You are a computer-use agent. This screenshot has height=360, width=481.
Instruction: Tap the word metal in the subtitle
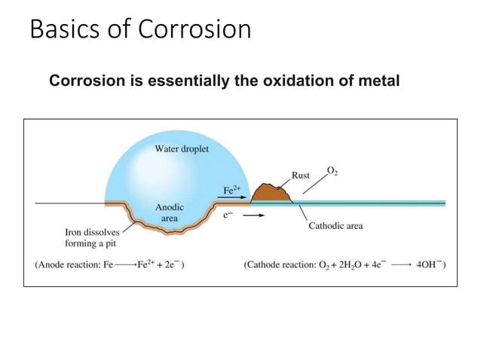click(x=378, y=81)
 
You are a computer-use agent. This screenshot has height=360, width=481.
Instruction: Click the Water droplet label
click(x=182, y=148)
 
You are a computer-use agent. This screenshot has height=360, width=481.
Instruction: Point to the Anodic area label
click(x=169, y=212)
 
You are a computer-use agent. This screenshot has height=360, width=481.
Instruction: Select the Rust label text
click(x=301, y=175)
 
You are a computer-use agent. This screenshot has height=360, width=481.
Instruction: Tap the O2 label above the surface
click(x=332, y=171)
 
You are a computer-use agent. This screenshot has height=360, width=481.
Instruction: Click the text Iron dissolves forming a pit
click(x=86, y=238)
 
